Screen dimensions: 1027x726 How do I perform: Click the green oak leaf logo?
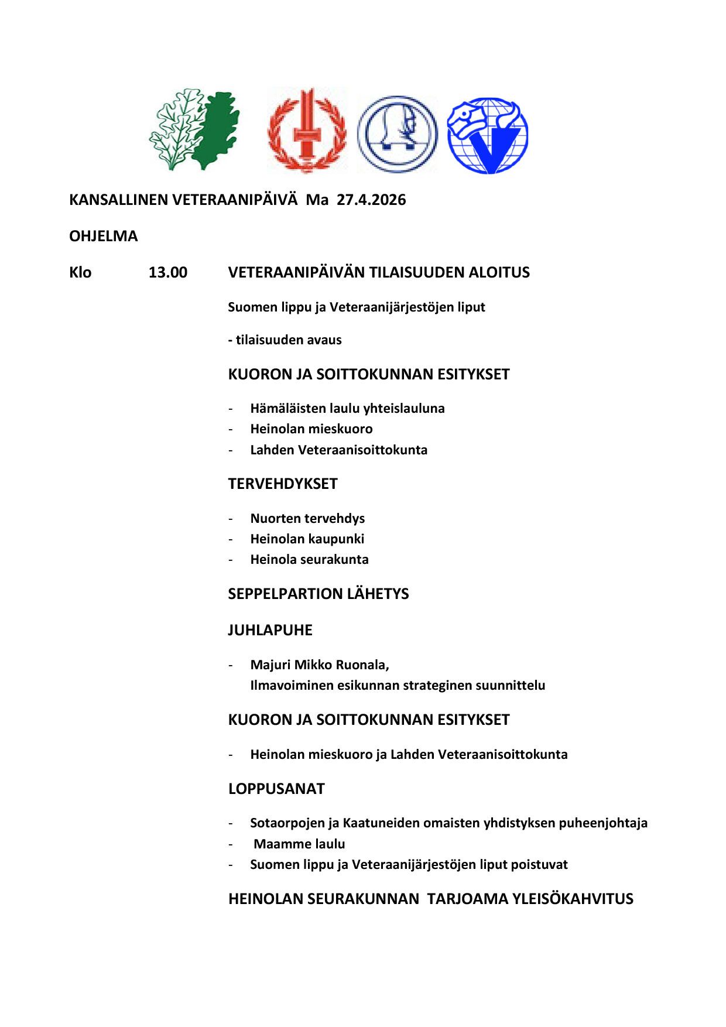tap(194, 130)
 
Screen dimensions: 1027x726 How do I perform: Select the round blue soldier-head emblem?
tap(397, 134)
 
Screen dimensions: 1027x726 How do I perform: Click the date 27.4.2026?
tap(371, 200)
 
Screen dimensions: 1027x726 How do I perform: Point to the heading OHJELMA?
tap(104, 237)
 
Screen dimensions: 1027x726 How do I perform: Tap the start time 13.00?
tap(168, 273)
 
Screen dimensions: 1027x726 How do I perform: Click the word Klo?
tap(80, 273)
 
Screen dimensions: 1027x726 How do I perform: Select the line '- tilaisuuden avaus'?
tap(285, 340)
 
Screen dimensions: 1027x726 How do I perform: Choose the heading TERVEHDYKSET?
tap(283, 484)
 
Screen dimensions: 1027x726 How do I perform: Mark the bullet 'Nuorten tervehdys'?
tap(307, 519)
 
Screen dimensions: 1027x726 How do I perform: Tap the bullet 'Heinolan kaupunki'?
tap(307, 539)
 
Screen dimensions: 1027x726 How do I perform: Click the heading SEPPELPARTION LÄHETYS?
tap(319, 594)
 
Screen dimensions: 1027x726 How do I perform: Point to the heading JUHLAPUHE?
tap(270, 631)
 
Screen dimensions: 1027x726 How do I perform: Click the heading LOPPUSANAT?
tap(276, 789)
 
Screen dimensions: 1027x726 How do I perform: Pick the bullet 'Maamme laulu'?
tap(299, 844)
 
